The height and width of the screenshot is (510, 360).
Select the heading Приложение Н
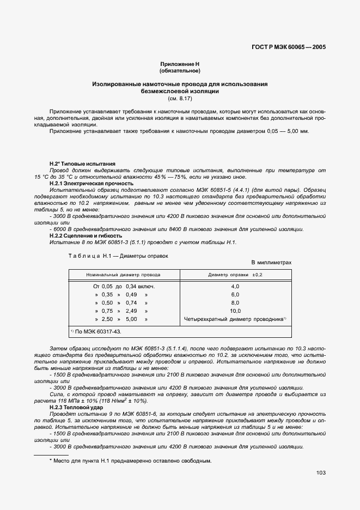pos(180,64)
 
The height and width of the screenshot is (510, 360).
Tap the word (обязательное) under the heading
pos(180,71)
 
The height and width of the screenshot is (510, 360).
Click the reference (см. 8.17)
pos(180,99)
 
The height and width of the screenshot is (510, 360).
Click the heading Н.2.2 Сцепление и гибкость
pos(86,236)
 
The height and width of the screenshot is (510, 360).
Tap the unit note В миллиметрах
pos(271,263)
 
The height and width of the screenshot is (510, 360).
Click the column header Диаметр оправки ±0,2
pos(235,275)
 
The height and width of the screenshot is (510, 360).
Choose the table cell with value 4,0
pos(235,286)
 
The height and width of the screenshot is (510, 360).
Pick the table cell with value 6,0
pos(235,294)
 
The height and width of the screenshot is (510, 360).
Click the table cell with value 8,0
pos(235,302)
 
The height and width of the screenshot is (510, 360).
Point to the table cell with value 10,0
pos(235,311)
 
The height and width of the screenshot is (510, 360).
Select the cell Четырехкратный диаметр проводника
pos(234,319)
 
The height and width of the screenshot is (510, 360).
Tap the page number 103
pos(320,473)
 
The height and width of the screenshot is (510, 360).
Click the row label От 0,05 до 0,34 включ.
pos(125,286)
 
